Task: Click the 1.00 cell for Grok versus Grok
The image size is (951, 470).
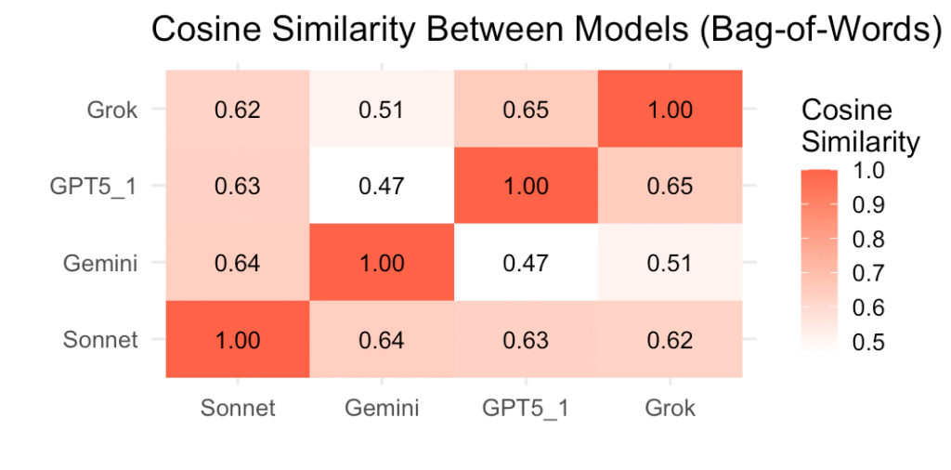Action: (x=670, y=110)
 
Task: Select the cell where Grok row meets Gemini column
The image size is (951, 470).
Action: (x=382, y=110)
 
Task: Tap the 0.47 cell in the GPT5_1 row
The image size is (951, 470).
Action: (x=382, y=186)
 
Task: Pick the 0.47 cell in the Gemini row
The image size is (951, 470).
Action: (x=526, y=263)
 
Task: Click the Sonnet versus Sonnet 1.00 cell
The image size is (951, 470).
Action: (x=238, y=340)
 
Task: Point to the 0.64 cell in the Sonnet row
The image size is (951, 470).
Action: (x=382, y=340)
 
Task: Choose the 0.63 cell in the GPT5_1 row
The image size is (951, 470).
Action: (x=238, y=186)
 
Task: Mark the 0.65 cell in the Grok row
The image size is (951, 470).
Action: (x=526, y=110)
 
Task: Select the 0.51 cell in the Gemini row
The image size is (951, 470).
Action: (x=670, y=263)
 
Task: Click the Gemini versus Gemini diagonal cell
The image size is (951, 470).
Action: (x=382, y=263)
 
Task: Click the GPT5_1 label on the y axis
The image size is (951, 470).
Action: (x=94, y=186)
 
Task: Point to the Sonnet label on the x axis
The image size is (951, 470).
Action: (x=238, y=407)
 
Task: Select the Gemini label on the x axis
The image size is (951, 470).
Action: (x=382, y=407)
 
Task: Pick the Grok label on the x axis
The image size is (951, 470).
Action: (x=670, y=407)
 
